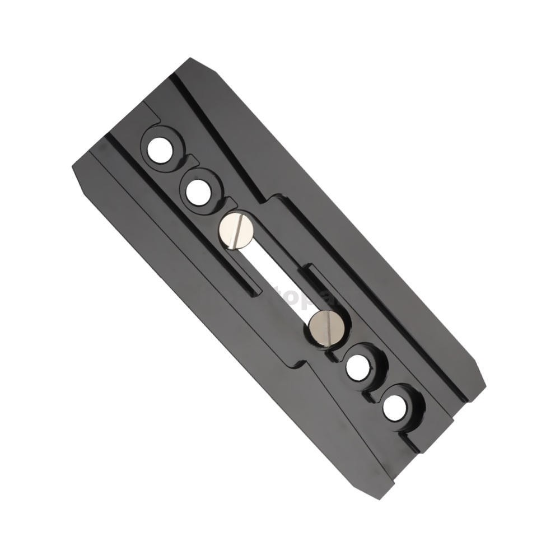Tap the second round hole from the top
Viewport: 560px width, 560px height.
pyautogui.click(x=198, y=193)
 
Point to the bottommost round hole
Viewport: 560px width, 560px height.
pyautogui.click(x=395, y=407)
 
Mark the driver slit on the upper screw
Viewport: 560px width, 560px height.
pyautogui.click(x=237, y=230)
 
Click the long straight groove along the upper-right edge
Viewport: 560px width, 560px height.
pyautogui.click(x=314, y=224)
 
